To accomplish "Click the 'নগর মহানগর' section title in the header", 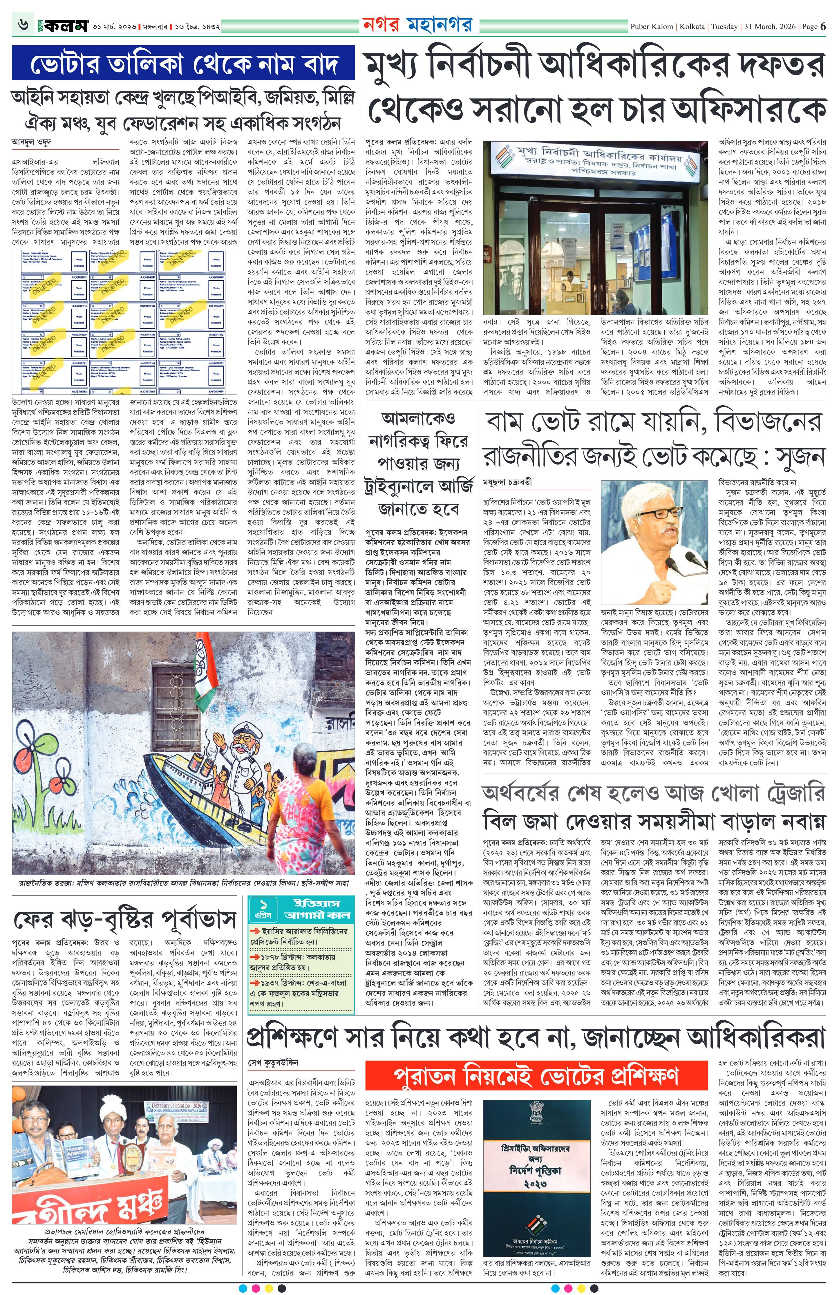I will pos(417,25).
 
